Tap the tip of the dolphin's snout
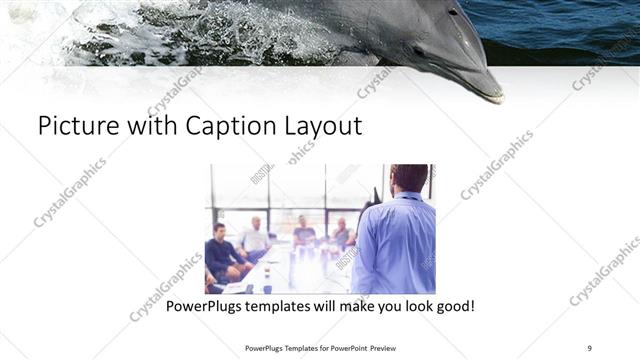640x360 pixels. (498, 98)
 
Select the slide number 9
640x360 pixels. (590, 347)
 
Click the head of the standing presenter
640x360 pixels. (408, 178)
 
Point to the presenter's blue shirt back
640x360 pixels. (395, 245)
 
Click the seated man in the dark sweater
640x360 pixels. (223, 255)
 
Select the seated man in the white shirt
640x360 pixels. (256, 238)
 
